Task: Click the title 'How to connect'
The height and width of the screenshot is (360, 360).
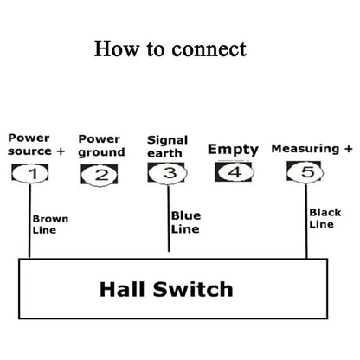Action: click(x=170, y=48)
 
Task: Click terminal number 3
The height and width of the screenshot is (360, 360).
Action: click(x=168, y=173)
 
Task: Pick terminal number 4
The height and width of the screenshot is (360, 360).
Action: click(x=233, y=172)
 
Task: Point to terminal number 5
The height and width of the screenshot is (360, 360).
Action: click(x=306, y=173)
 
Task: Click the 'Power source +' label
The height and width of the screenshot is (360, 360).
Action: click(x=35, y=144)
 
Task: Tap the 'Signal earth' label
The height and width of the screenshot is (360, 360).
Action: click(x=167, y=145)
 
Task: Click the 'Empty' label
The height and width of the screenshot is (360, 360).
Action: click(x=232, y=149)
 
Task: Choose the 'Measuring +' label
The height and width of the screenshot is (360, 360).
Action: click(x=305, y=149)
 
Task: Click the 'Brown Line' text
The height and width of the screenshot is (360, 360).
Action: click(x=49, y=224)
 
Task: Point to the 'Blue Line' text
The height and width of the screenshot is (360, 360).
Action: click(x=185, y=222)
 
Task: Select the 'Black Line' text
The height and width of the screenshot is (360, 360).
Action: click(x=325, y=218)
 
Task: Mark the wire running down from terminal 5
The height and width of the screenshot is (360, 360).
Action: click(x=306, y=221)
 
